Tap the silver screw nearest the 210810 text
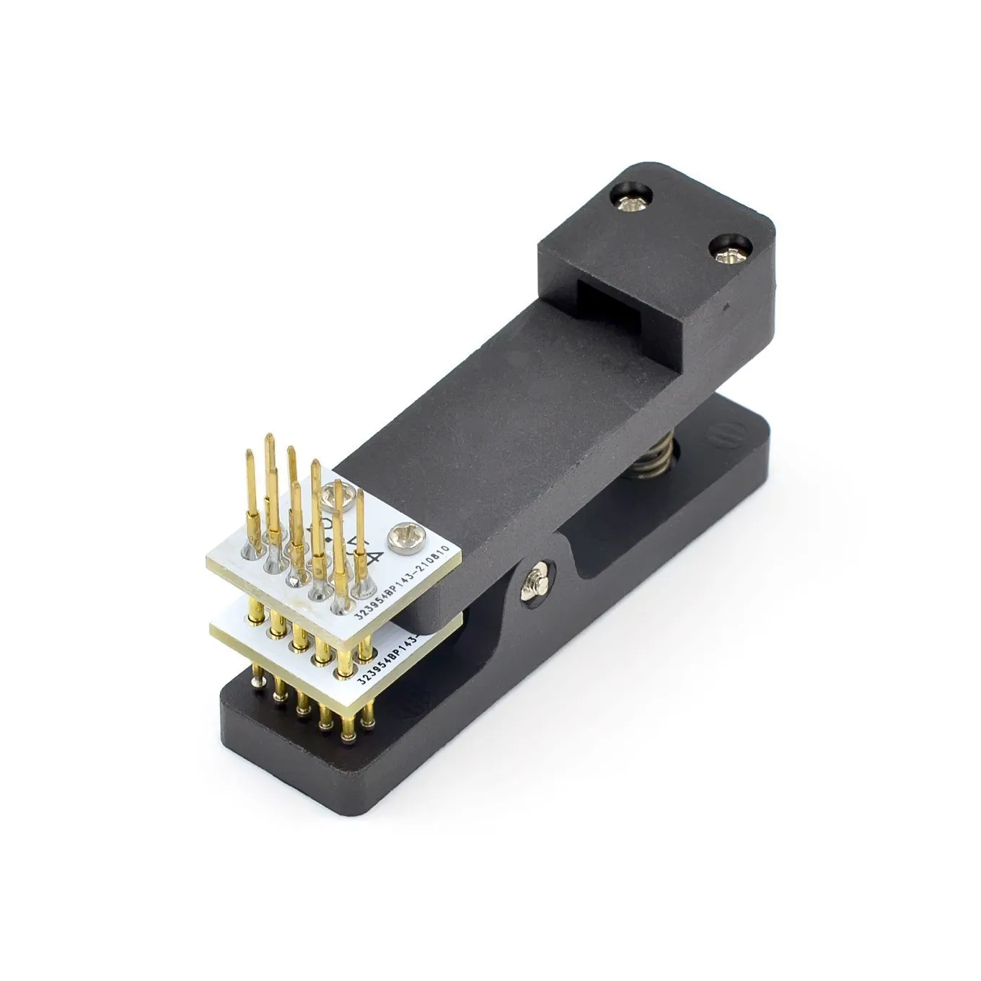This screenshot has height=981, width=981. (400, 536)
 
